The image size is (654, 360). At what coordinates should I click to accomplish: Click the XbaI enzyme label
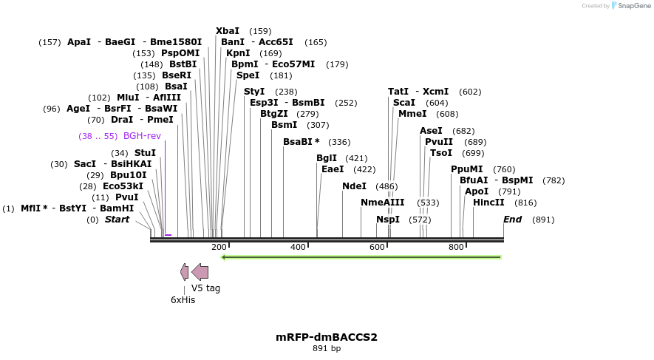tap(228, 31)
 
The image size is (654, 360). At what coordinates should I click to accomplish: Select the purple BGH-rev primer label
tap(142, 136)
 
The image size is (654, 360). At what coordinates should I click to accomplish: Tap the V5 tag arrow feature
tap(200, 272)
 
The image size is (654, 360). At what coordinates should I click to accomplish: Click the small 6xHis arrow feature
tap(184, 272)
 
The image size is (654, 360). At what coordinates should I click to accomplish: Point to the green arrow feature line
tap(361, 257)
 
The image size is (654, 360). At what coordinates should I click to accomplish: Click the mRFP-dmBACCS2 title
tap(327, 337)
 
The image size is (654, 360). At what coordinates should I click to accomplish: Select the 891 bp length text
tap(327, 348)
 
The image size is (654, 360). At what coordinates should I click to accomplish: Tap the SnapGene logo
tap(630, 6)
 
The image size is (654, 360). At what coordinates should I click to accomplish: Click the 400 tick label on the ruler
tap(298, 247)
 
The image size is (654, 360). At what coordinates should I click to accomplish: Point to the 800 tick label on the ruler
tap(456, 247)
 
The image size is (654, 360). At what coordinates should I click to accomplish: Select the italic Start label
tap(117, 220)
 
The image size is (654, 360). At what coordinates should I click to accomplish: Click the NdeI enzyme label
tap(354, 186)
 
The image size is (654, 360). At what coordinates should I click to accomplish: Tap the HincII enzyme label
tap(488, 203)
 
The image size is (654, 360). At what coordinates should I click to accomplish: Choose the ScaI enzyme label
tap(404, 103)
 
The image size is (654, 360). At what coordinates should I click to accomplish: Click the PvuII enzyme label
tap(439, 142)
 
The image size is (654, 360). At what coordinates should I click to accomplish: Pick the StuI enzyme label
tap(145, 153)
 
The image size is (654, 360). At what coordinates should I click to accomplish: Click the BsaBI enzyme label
tap(299, 142)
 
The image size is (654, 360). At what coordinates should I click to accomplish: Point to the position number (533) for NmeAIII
tap(428, 203)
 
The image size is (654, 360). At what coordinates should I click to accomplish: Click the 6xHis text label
tap(183, 299)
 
